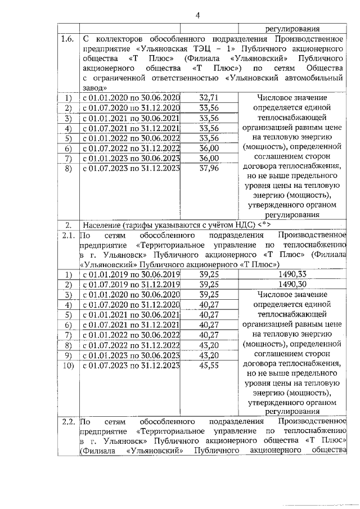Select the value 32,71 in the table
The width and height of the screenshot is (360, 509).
[209, 98]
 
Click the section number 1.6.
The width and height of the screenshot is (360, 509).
[67, 39]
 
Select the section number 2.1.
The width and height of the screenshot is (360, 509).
[67, 233]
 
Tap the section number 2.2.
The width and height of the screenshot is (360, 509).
[67, 421]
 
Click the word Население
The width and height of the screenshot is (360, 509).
[104, 223]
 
